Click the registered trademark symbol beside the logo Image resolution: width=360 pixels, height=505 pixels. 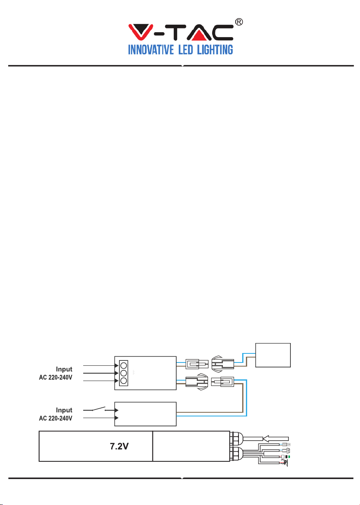pos(239,22)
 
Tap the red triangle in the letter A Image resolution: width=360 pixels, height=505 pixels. pos(199,35)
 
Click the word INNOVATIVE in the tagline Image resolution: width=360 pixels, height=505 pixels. pos(151,49)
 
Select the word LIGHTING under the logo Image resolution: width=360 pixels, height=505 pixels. pos(215,49)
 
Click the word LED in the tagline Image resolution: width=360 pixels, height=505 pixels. pos(185,49)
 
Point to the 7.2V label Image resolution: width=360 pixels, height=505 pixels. pos(119,446)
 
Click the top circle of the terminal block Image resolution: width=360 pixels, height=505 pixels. pos(124,365)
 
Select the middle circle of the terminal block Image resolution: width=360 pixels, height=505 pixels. pos(124,373)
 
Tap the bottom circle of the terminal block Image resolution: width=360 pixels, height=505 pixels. pos(124,381)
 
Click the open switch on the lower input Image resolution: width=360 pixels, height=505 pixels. pos(98,409)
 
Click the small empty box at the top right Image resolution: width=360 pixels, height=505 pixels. pos(273,355)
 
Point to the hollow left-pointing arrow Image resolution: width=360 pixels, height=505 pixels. pos(276,439)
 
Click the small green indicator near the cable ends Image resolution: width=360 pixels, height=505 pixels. pos(289,456)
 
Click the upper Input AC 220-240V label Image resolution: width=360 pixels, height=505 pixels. pos(56,373)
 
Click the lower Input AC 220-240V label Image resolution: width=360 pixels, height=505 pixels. pos(56,414)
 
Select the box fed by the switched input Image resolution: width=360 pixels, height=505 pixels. pos(145,414)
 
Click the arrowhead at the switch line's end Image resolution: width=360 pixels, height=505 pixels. pos(116,410)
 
